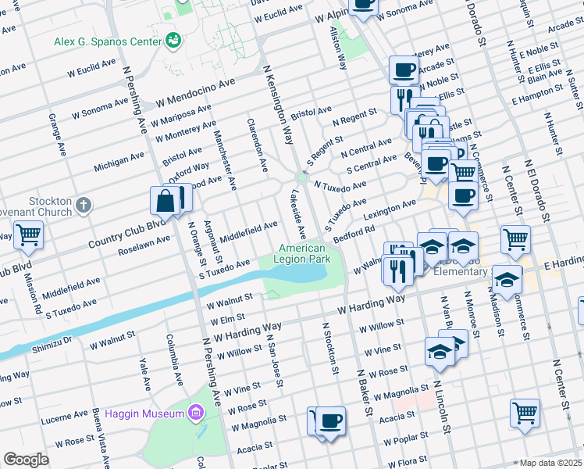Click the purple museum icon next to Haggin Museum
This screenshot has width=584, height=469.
click(195, 412)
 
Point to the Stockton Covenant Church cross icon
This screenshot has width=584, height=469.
click(84, 206)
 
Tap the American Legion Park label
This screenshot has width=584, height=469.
click(301, 253)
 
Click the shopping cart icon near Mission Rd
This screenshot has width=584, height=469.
click(28, 234)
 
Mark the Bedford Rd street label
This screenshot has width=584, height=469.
click(354, 234)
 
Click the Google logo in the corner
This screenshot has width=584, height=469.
click(26, 460)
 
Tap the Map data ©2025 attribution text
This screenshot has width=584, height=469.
click(550, 463)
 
